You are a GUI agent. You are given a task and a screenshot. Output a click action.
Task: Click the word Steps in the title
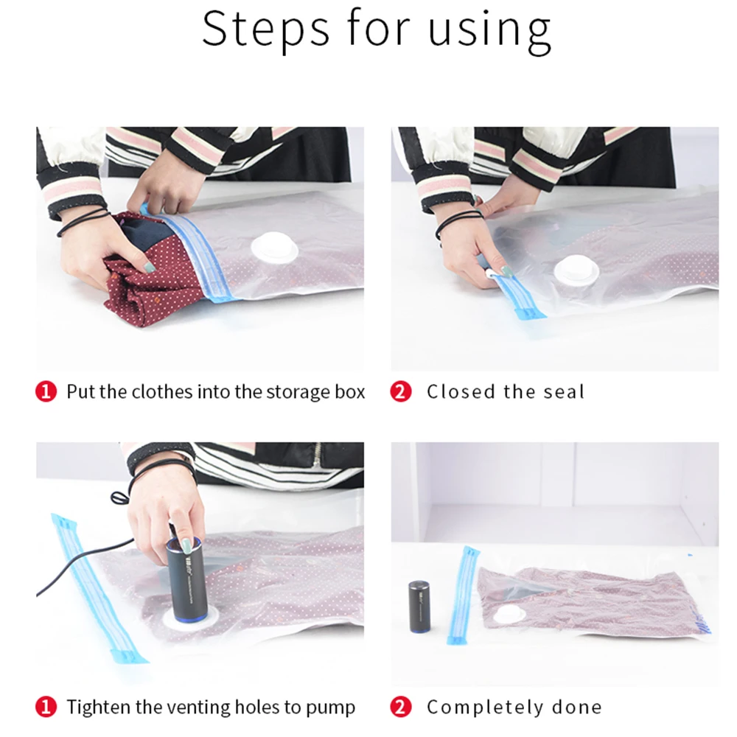click(x=266, y=29)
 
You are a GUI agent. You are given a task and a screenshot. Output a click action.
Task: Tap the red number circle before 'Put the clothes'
click(x=46, y=391)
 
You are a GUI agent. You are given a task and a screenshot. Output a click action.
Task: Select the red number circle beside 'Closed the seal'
click(x=401, y=391)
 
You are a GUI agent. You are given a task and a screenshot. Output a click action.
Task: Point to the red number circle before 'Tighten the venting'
click(x=46, y=707)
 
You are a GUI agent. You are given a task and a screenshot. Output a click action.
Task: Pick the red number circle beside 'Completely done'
click(x=401, y=707)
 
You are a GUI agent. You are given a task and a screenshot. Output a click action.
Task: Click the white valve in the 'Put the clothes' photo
click(x=275, y=248)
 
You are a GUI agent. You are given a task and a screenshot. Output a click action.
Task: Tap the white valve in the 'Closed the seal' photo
click(x=577, y=272)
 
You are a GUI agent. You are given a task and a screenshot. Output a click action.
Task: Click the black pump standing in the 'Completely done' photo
click(x=419, y=607)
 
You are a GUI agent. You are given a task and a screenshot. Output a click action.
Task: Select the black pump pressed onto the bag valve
click(x=186, y=579)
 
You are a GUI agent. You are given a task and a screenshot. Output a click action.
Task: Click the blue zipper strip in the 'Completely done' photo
click(x=463, y=595)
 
